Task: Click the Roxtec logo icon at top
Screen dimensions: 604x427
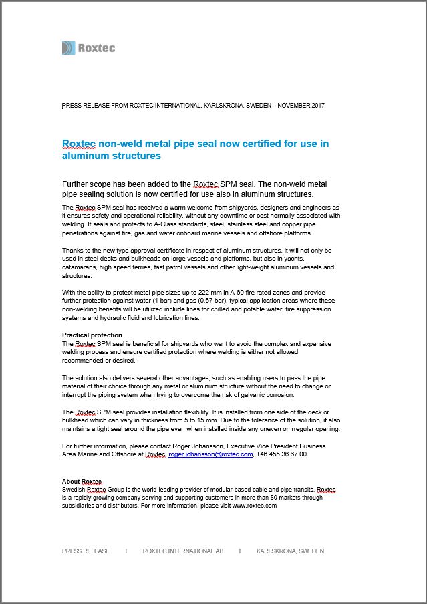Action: tap(68, 48)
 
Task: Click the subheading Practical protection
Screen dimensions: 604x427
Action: tap(92, 335)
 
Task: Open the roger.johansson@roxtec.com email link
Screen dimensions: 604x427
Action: tap(210, 454)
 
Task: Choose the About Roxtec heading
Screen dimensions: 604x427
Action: tap(82, 482)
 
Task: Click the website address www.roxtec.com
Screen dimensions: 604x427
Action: tap(255, 506)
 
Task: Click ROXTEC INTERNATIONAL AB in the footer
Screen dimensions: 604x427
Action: tap(183, 551)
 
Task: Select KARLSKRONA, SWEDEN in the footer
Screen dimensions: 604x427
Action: tap(290, 551)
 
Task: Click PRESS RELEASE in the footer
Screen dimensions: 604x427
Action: tap(86, 551)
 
